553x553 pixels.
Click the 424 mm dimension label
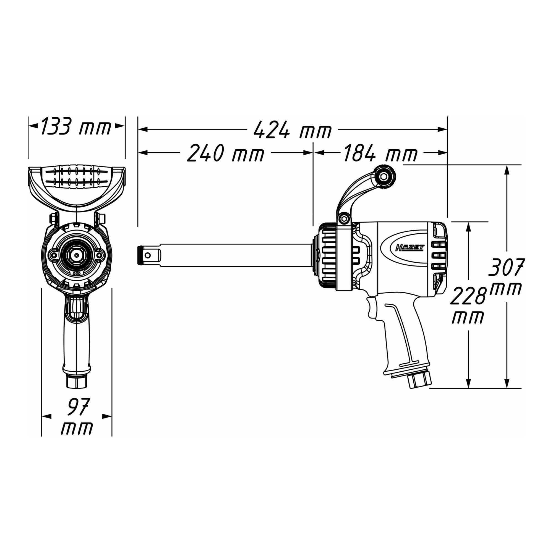click(293, 129)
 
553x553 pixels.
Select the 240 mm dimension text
click(226, 153)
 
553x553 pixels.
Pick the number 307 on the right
click(505, 267)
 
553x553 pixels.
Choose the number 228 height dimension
click(468, 296)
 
